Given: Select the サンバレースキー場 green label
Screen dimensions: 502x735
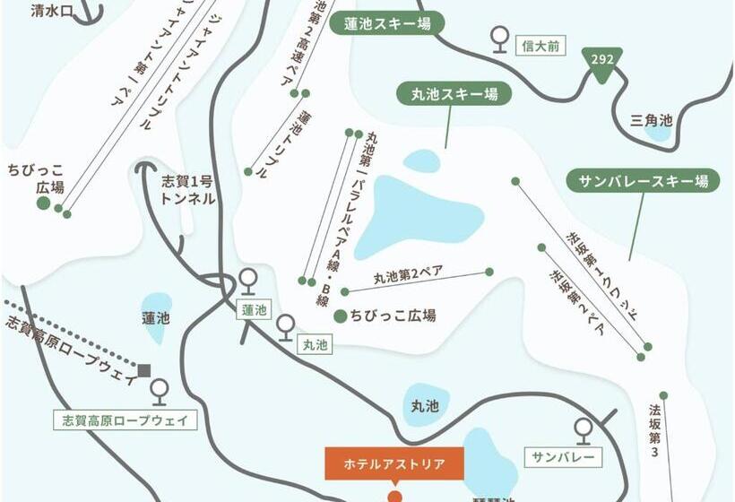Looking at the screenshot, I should coord(643,182).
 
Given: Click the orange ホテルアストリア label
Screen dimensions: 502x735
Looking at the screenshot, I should coord(394,464).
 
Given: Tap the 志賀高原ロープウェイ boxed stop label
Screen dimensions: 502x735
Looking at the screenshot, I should coord(125,420).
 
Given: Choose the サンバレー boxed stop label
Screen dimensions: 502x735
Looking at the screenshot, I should coord(563,457).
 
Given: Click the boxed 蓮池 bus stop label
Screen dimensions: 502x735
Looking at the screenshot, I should coord(254,310).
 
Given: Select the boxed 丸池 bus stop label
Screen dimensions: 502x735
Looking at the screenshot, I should coord(315,343).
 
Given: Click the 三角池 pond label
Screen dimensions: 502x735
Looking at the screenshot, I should coord(651,119).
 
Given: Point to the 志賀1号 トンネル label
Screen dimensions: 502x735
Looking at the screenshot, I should coord(187,189).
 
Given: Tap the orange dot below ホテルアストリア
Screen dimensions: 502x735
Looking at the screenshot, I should coord(394,496).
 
